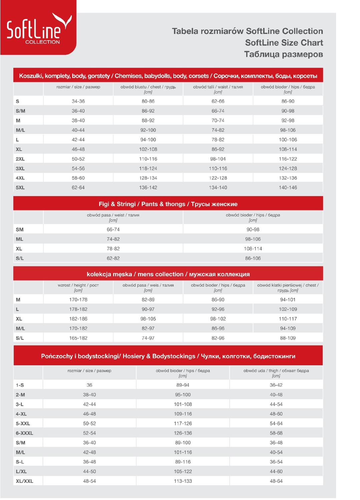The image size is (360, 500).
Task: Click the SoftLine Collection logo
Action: coord(38,29)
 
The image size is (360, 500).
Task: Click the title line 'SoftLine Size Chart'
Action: coord(284,43)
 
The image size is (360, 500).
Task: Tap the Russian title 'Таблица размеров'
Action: coord(283,54)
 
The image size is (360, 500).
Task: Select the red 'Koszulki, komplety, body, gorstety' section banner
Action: coord(168,76)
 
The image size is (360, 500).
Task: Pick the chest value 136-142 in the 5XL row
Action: coord(148,188)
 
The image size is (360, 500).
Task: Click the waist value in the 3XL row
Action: coord(218,169)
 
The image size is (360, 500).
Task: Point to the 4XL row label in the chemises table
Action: coord(20,178)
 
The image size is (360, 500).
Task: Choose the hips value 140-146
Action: coord(288,188)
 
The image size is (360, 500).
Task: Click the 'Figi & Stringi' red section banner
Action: coord(168,204)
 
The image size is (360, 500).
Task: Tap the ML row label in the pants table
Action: coord(19,239)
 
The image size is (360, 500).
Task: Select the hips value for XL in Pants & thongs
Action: coord(253,249)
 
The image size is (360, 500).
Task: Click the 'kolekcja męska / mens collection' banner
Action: coord(168,274)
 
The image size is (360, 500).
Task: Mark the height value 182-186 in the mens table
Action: coord(78,319)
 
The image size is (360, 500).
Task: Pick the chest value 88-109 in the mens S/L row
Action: coord(288,338)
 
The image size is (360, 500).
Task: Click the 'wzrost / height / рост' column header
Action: coord(78,287)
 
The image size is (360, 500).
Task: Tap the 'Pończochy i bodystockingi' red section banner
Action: coord(168,356)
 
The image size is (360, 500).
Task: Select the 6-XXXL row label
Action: coord(24,433)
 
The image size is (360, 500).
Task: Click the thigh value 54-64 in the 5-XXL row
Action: coord(276,423)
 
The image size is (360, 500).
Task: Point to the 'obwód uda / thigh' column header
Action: coord(276,373)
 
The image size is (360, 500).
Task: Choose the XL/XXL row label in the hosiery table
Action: coord(24,481)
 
